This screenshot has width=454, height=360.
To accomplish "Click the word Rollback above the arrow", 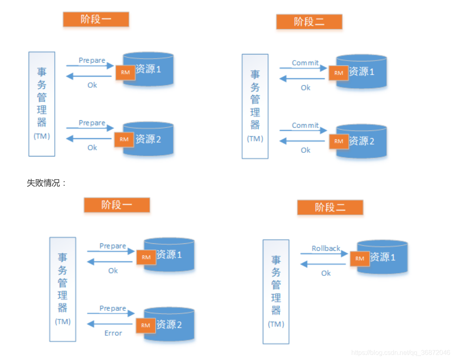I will click(x=326, y=248).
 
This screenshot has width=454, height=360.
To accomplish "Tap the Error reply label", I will click(x=113, y=333).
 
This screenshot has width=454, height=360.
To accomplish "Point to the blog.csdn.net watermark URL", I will click(x=400, y=353).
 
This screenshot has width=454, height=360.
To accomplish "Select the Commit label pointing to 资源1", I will click(x=305, y=63).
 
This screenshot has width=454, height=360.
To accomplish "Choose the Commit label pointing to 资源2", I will click(x=305, y=126).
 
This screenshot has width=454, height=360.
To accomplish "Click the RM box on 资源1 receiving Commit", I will click(x=339, y=73).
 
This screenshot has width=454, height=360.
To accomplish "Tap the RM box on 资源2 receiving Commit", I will click(x=339, y=141).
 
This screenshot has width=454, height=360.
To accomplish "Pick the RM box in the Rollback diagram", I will click(x=359, y=258).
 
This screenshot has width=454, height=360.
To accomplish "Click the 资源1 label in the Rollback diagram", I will click(x=383, y=257).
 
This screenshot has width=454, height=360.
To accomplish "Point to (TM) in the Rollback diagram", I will click(x=276, y=324).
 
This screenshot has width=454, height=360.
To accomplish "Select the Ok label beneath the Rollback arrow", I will click(x=326, y=273).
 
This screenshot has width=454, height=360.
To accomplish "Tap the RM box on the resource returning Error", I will click(x=146, y=325).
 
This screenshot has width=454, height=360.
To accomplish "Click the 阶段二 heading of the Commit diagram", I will click(x=309, y=22).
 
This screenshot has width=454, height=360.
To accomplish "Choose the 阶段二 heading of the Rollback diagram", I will click(x=330, y=207).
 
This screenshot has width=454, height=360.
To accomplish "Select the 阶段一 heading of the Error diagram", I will click(x=117, y=205).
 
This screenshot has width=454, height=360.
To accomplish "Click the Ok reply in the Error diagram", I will click(x=113, y=271).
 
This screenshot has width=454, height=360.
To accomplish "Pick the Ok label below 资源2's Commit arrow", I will click(x=305, y=150).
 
